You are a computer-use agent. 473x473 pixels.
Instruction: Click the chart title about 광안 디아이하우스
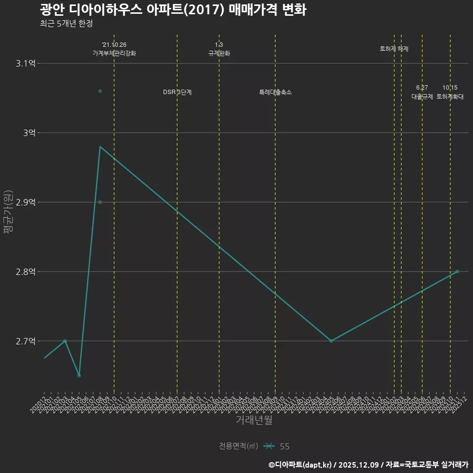point(173,10)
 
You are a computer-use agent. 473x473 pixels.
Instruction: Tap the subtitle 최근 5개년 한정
point(67,23)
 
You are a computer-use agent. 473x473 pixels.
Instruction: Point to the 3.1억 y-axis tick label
point(25,64)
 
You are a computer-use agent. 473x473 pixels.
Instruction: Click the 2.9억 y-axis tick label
point(25,203)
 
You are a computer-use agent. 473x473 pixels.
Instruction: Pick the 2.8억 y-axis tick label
point(25,272)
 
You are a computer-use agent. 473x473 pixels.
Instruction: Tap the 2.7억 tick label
point(25,341)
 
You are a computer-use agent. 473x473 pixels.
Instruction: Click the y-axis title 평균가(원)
point(7,212)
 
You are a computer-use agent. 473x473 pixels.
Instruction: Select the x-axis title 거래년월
point(254,420)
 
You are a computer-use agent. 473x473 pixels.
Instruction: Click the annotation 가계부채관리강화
point(114,53)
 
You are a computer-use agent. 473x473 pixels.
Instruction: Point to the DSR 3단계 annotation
point(177,92)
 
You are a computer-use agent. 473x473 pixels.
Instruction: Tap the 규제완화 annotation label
point(219,53)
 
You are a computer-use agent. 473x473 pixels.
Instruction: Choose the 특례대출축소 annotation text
point(275,92)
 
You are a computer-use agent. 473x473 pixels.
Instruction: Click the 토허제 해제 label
point(394,49)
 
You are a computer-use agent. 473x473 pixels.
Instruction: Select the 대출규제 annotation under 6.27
point(422,97)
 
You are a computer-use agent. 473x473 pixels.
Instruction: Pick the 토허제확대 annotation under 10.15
point(450,97)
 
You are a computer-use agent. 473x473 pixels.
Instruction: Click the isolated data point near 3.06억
point(100,91)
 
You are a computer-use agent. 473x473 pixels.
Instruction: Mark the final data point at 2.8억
point(457,271)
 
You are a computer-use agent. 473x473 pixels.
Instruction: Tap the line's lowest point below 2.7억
point(79,375)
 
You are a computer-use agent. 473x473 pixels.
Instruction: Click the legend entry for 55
point(277,446)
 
